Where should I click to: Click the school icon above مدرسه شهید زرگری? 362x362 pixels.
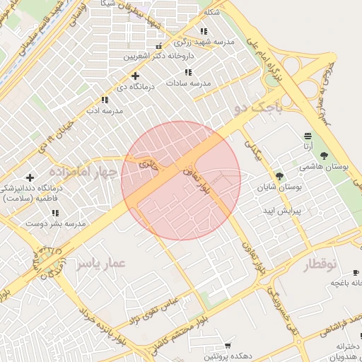point(204,32)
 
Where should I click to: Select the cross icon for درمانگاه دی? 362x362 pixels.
point(135,76)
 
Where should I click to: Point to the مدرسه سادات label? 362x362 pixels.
point(189,83)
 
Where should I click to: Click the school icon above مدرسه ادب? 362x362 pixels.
point(105,100)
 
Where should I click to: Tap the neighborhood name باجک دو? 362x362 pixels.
point(257,108)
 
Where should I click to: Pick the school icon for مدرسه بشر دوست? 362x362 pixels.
point(55,213)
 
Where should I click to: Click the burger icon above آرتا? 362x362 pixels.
point(308,136)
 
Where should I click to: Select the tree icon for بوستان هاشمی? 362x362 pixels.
point(324,156)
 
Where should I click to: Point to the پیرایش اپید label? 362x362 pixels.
point(282,211)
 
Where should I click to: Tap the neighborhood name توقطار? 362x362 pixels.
point(322,264)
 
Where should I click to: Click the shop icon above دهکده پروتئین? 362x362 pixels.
point(227,346)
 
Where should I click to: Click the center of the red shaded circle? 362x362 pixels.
point(181,181)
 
